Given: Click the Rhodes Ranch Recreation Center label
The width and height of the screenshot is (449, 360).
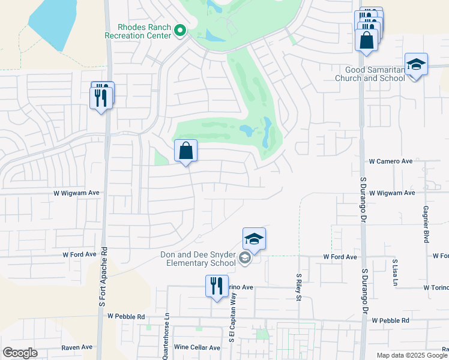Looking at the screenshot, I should [x=137, y=31].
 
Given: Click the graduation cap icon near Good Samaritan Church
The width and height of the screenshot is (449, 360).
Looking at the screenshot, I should [x=416, y=65].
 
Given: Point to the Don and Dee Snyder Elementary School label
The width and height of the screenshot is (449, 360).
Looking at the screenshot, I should [x=198, y=259].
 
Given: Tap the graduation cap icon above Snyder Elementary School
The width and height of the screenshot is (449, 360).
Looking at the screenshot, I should [x=254, y=239].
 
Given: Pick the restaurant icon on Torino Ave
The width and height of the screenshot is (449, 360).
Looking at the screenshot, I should [x=217, y=286].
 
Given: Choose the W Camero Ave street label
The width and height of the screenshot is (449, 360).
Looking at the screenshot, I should [x=391, y=161].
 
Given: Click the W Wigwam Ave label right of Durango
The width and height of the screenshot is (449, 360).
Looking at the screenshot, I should [x=392, y=193].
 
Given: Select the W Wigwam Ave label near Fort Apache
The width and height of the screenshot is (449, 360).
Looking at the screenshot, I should [x=75, y=193].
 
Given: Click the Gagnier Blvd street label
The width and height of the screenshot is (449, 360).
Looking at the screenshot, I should [x=426, y=223].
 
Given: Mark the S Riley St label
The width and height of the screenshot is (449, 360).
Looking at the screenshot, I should [x=298, y=288].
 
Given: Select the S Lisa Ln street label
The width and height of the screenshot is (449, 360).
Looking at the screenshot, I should [x=395, y=274].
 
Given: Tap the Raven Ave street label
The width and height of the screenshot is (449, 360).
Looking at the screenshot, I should [x=77, y=347].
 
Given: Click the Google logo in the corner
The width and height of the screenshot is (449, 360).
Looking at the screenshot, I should [x=20, y=353].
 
